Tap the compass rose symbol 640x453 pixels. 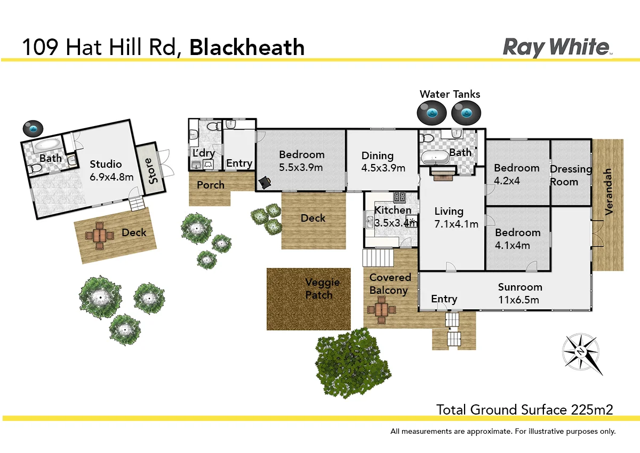[582, 352]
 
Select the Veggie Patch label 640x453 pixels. [319, 288]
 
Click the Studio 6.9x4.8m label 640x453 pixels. [111, 170]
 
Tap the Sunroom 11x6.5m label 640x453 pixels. [520, 293]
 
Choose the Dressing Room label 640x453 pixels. [571, 175]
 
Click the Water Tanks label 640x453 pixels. [450, 95]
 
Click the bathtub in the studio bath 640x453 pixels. [48, 144]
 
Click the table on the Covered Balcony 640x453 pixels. [381, 310]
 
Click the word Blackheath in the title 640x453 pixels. [247, 48]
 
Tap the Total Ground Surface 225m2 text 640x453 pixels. [525, 410]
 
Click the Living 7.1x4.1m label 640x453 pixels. [456, 217]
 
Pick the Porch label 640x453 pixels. [211, 185]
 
